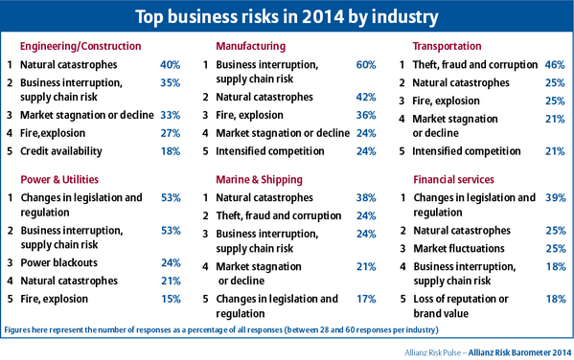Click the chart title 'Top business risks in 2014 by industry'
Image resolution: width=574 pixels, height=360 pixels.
287,16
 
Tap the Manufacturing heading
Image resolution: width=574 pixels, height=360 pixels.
247,46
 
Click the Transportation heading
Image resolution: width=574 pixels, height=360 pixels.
448,46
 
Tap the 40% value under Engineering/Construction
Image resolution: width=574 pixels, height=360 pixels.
170,65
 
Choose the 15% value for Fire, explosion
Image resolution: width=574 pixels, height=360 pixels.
170,300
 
